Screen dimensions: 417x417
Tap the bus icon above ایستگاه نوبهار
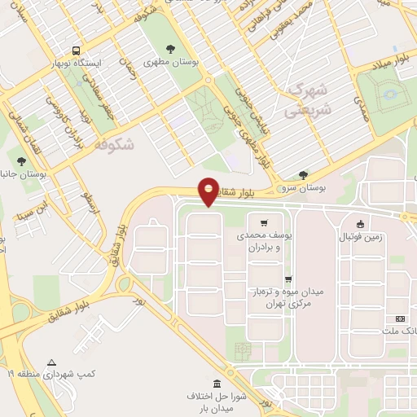(x=75, y=48)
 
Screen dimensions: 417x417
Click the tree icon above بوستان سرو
(x=303, y=174)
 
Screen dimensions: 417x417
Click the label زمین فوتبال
(x=360, y=236)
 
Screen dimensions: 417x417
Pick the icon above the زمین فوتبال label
(x=360, y=224)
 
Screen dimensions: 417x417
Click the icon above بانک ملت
(x=399, y=318)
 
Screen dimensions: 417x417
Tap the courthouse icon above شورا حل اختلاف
(x=217, y=384)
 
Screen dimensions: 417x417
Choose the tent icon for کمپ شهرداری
(x=52, y=362)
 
